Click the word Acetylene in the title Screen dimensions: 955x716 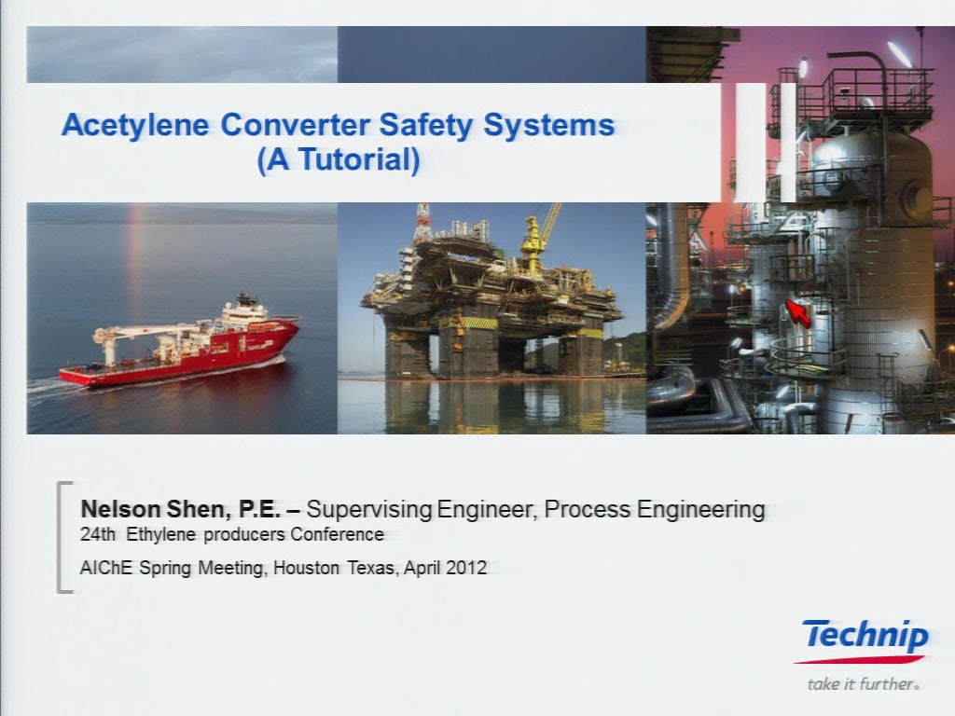[134, 126]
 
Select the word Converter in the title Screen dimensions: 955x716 [296, 124]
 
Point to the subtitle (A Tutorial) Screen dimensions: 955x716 [339, 159]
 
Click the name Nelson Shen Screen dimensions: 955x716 [156, 509]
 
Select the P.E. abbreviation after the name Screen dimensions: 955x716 [259, 509]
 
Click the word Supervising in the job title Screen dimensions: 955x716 [369, 509]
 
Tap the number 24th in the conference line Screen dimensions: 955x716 [98, 534]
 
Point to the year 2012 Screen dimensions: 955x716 [466, 568]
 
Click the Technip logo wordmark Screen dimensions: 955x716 [865, 635]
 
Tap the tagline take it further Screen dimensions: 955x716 [863, 683]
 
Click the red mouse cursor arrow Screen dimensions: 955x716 [798, 313]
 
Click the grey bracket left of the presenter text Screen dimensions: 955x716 [61, 536]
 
